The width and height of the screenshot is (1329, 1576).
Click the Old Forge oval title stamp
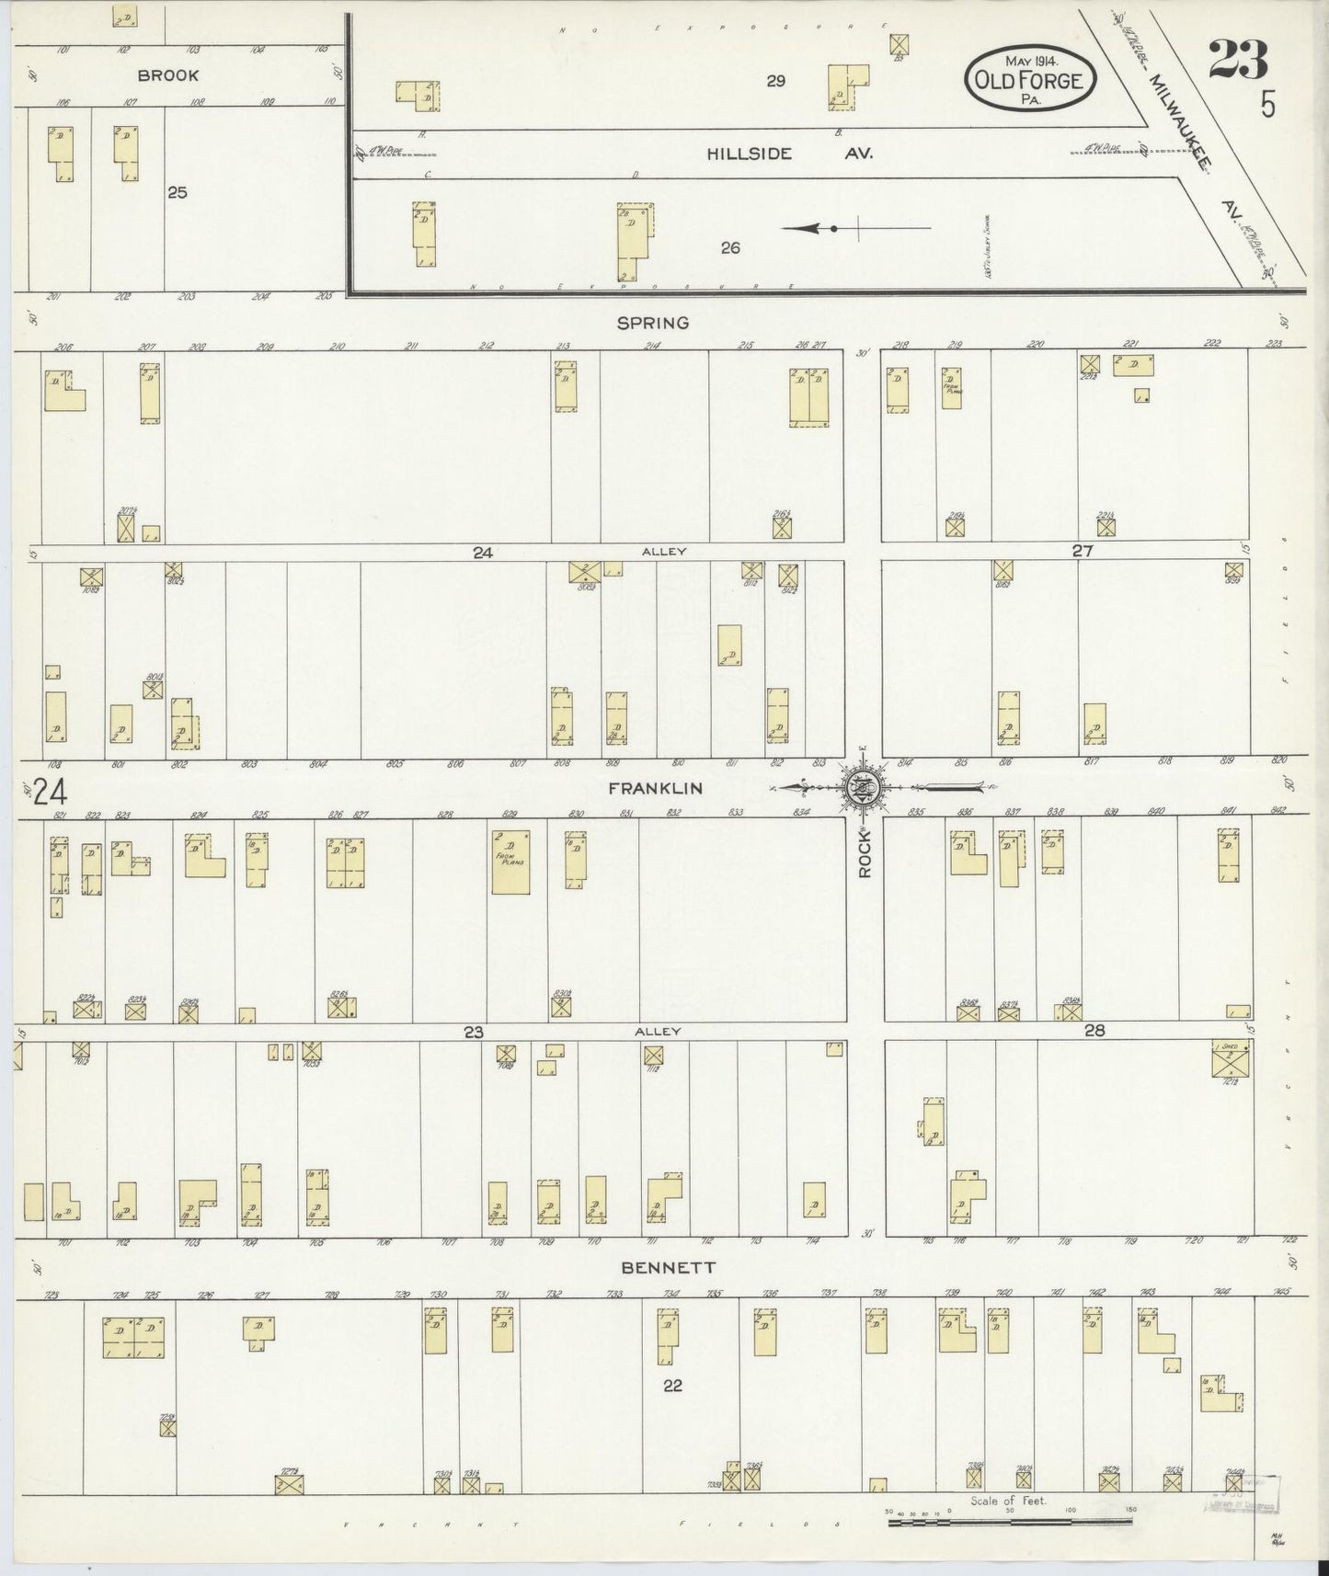(1029, 79)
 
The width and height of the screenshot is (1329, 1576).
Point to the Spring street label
(654, 323)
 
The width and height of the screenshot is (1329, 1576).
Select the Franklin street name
(655, 788)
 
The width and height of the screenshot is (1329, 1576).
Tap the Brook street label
(168, 75)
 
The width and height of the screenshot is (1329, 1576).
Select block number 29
(775, 81)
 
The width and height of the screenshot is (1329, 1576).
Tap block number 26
(730, 247)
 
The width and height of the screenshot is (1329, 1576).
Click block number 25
(178, 192)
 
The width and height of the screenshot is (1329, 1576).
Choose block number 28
(1094, 1031)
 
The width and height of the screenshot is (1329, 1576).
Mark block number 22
(672, 1386)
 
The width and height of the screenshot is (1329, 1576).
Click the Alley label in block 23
(658, 1032)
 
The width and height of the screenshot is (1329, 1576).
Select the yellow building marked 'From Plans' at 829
(510, 862)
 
